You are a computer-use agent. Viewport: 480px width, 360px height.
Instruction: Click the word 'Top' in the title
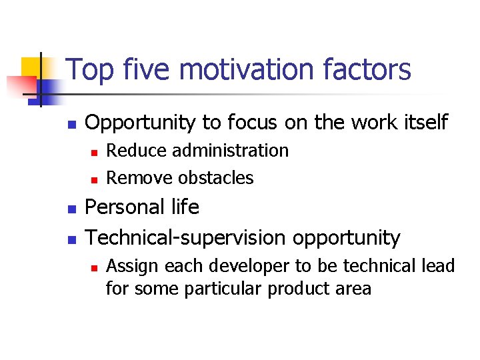(89, 71)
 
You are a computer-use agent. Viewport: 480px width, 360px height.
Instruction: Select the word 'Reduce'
(137, 151)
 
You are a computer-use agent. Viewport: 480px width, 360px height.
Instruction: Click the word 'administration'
(230, 151)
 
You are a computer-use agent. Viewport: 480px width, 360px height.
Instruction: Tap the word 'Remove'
(139, 178)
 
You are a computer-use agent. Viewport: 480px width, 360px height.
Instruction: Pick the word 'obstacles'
(216, 178)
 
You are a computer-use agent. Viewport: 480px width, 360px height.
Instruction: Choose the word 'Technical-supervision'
(184, 238)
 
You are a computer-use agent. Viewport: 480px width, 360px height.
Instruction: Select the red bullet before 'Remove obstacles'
(95, 179)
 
